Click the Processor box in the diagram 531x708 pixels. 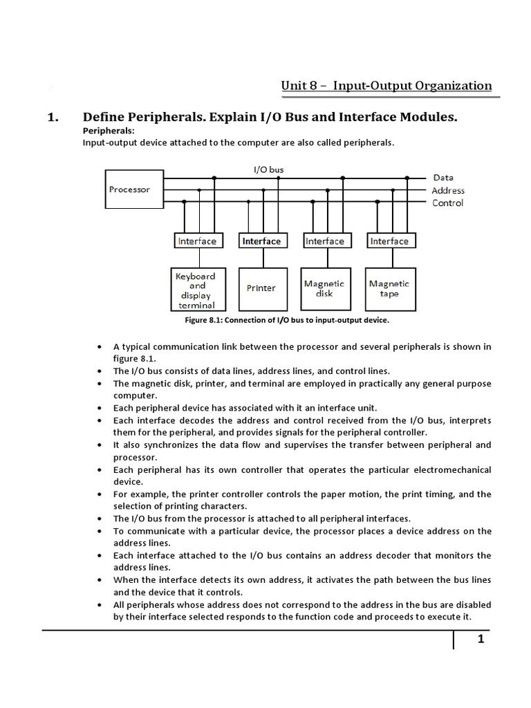coord(129,189)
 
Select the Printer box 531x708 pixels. coord(261,288)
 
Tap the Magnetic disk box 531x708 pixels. coord(324,288)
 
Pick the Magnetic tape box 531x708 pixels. coord(389,288)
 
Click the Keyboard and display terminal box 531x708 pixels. coord(196,289)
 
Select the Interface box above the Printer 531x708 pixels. coord(261,241)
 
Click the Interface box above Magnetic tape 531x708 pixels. coord(389,241)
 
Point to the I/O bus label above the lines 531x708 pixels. coord(268,169)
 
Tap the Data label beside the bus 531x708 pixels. coord(443,178)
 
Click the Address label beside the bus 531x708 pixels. coord(448,190)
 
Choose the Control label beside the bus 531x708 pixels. coord(447,203)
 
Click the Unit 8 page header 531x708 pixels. coord(386,86)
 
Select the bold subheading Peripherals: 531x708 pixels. coord(109,131)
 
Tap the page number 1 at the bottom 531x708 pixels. coord(480,640)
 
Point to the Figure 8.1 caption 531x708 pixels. coord(287,320)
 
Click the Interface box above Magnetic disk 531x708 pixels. coord(324,241)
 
